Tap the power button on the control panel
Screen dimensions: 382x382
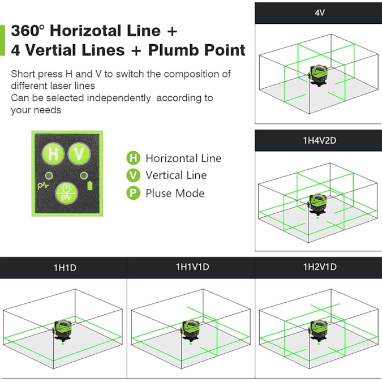tap(66, 193)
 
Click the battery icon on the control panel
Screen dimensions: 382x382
tap(90, 186)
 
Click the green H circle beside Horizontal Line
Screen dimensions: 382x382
tap(133, 158)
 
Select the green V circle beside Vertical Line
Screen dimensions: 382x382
tap(133, 175)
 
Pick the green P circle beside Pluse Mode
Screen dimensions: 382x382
tap(133, 193)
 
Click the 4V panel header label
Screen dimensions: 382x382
tap(319, 12)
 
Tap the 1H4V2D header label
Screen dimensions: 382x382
tap(319, 140)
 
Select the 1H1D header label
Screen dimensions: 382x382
tap(65, 268)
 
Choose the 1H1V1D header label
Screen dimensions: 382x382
tap(192, 267)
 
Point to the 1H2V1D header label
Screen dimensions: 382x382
tap(320, 267)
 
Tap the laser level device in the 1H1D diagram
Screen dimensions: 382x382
tap(63, 331)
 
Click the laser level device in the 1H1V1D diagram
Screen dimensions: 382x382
tap(191, 331)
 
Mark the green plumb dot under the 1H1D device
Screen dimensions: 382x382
tap(63, 344)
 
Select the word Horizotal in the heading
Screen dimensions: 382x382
tap(85, 31)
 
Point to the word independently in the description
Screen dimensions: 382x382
tap(119, 98)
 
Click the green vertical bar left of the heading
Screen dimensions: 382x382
tap(2, 40)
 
